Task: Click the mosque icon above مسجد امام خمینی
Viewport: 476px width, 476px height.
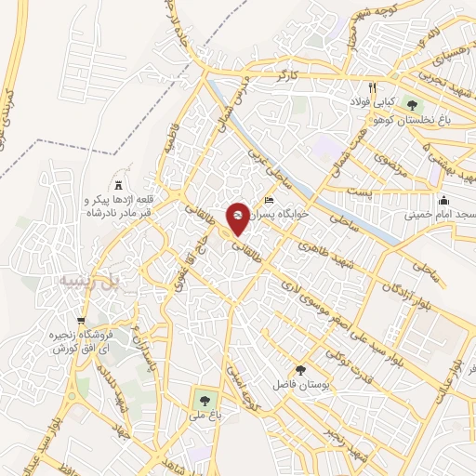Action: (x=444, y=199)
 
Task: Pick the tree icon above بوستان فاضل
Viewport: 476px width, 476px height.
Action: (x=298, y=370)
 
